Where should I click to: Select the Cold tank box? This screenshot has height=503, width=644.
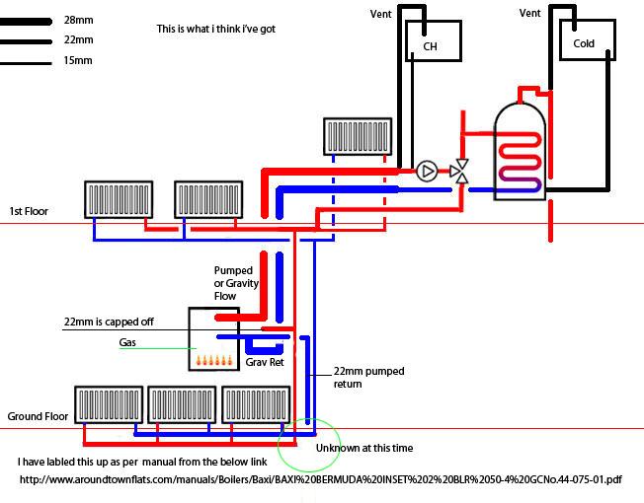pos(584,42)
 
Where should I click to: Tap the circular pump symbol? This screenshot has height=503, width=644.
pos(427,172)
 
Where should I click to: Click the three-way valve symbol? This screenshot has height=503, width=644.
pos(460,171)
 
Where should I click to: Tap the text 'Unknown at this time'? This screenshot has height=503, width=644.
pos(363,449)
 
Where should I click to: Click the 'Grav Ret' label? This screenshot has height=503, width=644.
pos(265,362)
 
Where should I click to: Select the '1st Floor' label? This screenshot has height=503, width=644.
pos(29,211)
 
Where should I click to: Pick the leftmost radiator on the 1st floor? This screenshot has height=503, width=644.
pos(117,199)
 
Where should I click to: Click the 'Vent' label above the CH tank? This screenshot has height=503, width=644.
pos(380,14)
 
